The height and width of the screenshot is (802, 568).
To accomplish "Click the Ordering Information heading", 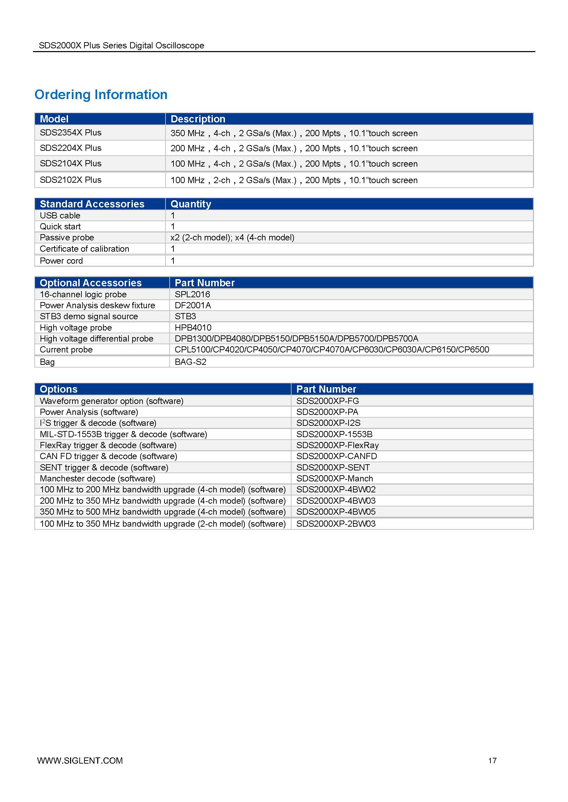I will (101, 95).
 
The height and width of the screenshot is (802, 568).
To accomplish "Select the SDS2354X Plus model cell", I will (71, 133).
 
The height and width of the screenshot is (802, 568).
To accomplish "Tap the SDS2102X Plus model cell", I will (71, 180).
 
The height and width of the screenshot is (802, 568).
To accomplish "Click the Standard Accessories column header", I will (92, 204).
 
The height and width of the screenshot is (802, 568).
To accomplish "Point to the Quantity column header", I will (191, 204).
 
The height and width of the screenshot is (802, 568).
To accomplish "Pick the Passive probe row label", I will (67, 238).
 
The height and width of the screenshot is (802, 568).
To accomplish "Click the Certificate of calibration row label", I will (84, 249).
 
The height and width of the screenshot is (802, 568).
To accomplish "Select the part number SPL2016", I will (192, 295).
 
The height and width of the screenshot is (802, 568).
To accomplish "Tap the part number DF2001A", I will (193, 305).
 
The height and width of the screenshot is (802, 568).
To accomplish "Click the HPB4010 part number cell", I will (193, 328).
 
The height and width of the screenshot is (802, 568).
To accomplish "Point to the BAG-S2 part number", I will (191, 362).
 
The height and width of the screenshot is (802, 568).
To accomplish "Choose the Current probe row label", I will (66, 350).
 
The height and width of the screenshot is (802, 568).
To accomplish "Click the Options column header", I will (58, 389).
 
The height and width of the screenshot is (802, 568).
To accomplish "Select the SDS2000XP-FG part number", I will (327, 401).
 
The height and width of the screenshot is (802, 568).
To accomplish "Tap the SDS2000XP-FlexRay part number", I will (338, 445).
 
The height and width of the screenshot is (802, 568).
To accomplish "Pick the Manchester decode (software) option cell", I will (98, 479).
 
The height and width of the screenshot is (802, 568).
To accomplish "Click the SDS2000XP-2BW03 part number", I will (336, 524).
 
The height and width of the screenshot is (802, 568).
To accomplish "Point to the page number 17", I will (492, 760).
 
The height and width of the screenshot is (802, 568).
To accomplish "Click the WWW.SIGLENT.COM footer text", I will (80, 761).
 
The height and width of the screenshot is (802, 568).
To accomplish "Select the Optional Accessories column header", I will (91, 283).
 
